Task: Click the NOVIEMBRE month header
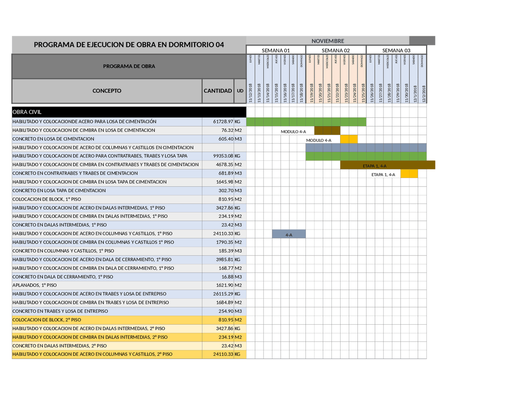(x=327, y=41)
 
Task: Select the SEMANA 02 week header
(x=336, y=50)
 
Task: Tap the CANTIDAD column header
(x=218, y=91)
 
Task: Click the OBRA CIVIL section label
(x=27, y=112)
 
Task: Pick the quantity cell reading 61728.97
(x=223, y=122)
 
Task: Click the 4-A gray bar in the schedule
(x=289, y=234)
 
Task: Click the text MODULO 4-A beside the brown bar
(x=293, y=132)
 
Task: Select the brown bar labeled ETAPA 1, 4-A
(x=387, y=165)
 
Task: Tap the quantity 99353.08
(x=223, y=156)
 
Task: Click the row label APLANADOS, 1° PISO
(x=35, y=285)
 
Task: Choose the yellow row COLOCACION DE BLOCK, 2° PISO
(x=47, y=320)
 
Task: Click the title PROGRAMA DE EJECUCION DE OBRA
(x=129, y=45)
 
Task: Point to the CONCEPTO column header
(x=107, y=91)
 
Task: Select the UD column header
(x=240, y=91)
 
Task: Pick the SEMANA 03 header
(x=396, y=50)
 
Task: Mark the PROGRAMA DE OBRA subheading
(x=129, y=66)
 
